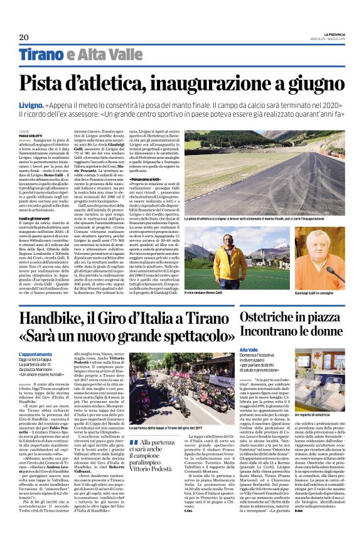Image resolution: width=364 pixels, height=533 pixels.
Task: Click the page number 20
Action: [24, 38]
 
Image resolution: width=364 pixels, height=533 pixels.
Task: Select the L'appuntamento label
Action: [32, 353]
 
